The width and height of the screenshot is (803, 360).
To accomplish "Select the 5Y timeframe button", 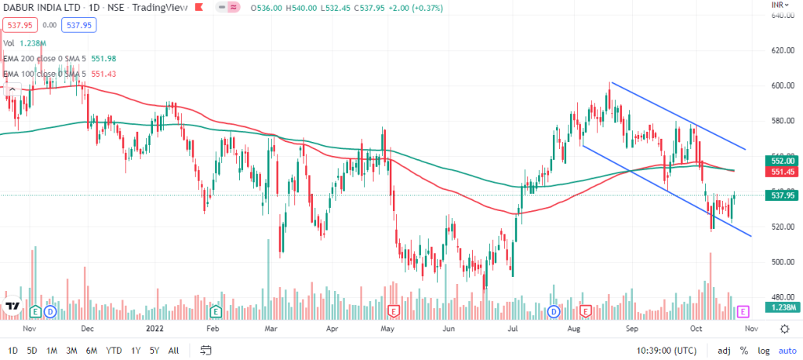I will tap(154, 350).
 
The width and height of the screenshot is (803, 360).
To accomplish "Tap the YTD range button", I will tap(114, 350).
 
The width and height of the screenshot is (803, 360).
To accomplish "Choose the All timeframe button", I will tap(173, 350).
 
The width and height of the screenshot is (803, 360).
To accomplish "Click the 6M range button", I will tap(91, 350).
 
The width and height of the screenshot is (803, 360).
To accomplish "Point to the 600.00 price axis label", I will tap(778, 85).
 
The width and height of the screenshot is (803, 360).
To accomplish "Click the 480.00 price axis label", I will tap(778, 297).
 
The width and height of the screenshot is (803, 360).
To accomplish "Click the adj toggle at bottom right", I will tap(724, 350).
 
